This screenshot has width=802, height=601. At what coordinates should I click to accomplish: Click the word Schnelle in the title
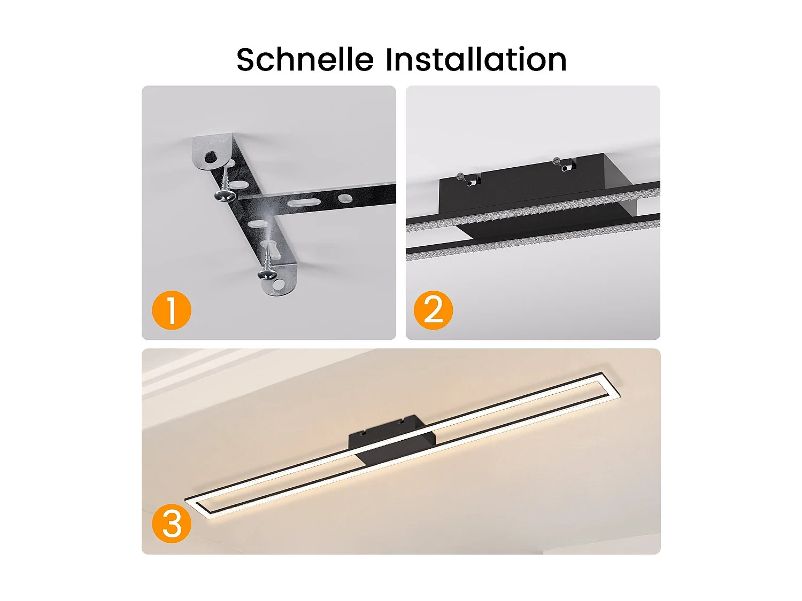click(305, 59)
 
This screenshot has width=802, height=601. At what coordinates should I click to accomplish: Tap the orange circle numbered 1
click(172, 310)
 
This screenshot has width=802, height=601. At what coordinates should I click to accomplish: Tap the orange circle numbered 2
click(433, 310)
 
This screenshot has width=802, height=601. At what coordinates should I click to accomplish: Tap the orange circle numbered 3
click(172, 525)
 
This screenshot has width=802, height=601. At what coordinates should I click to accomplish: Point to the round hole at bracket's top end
click(211, 157)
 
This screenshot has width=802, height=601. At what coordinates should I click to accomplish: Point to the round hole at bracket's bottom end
click(279, 284)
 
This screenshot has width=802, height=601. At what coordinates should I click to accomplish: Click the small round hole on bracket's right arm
click(345, 199)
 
